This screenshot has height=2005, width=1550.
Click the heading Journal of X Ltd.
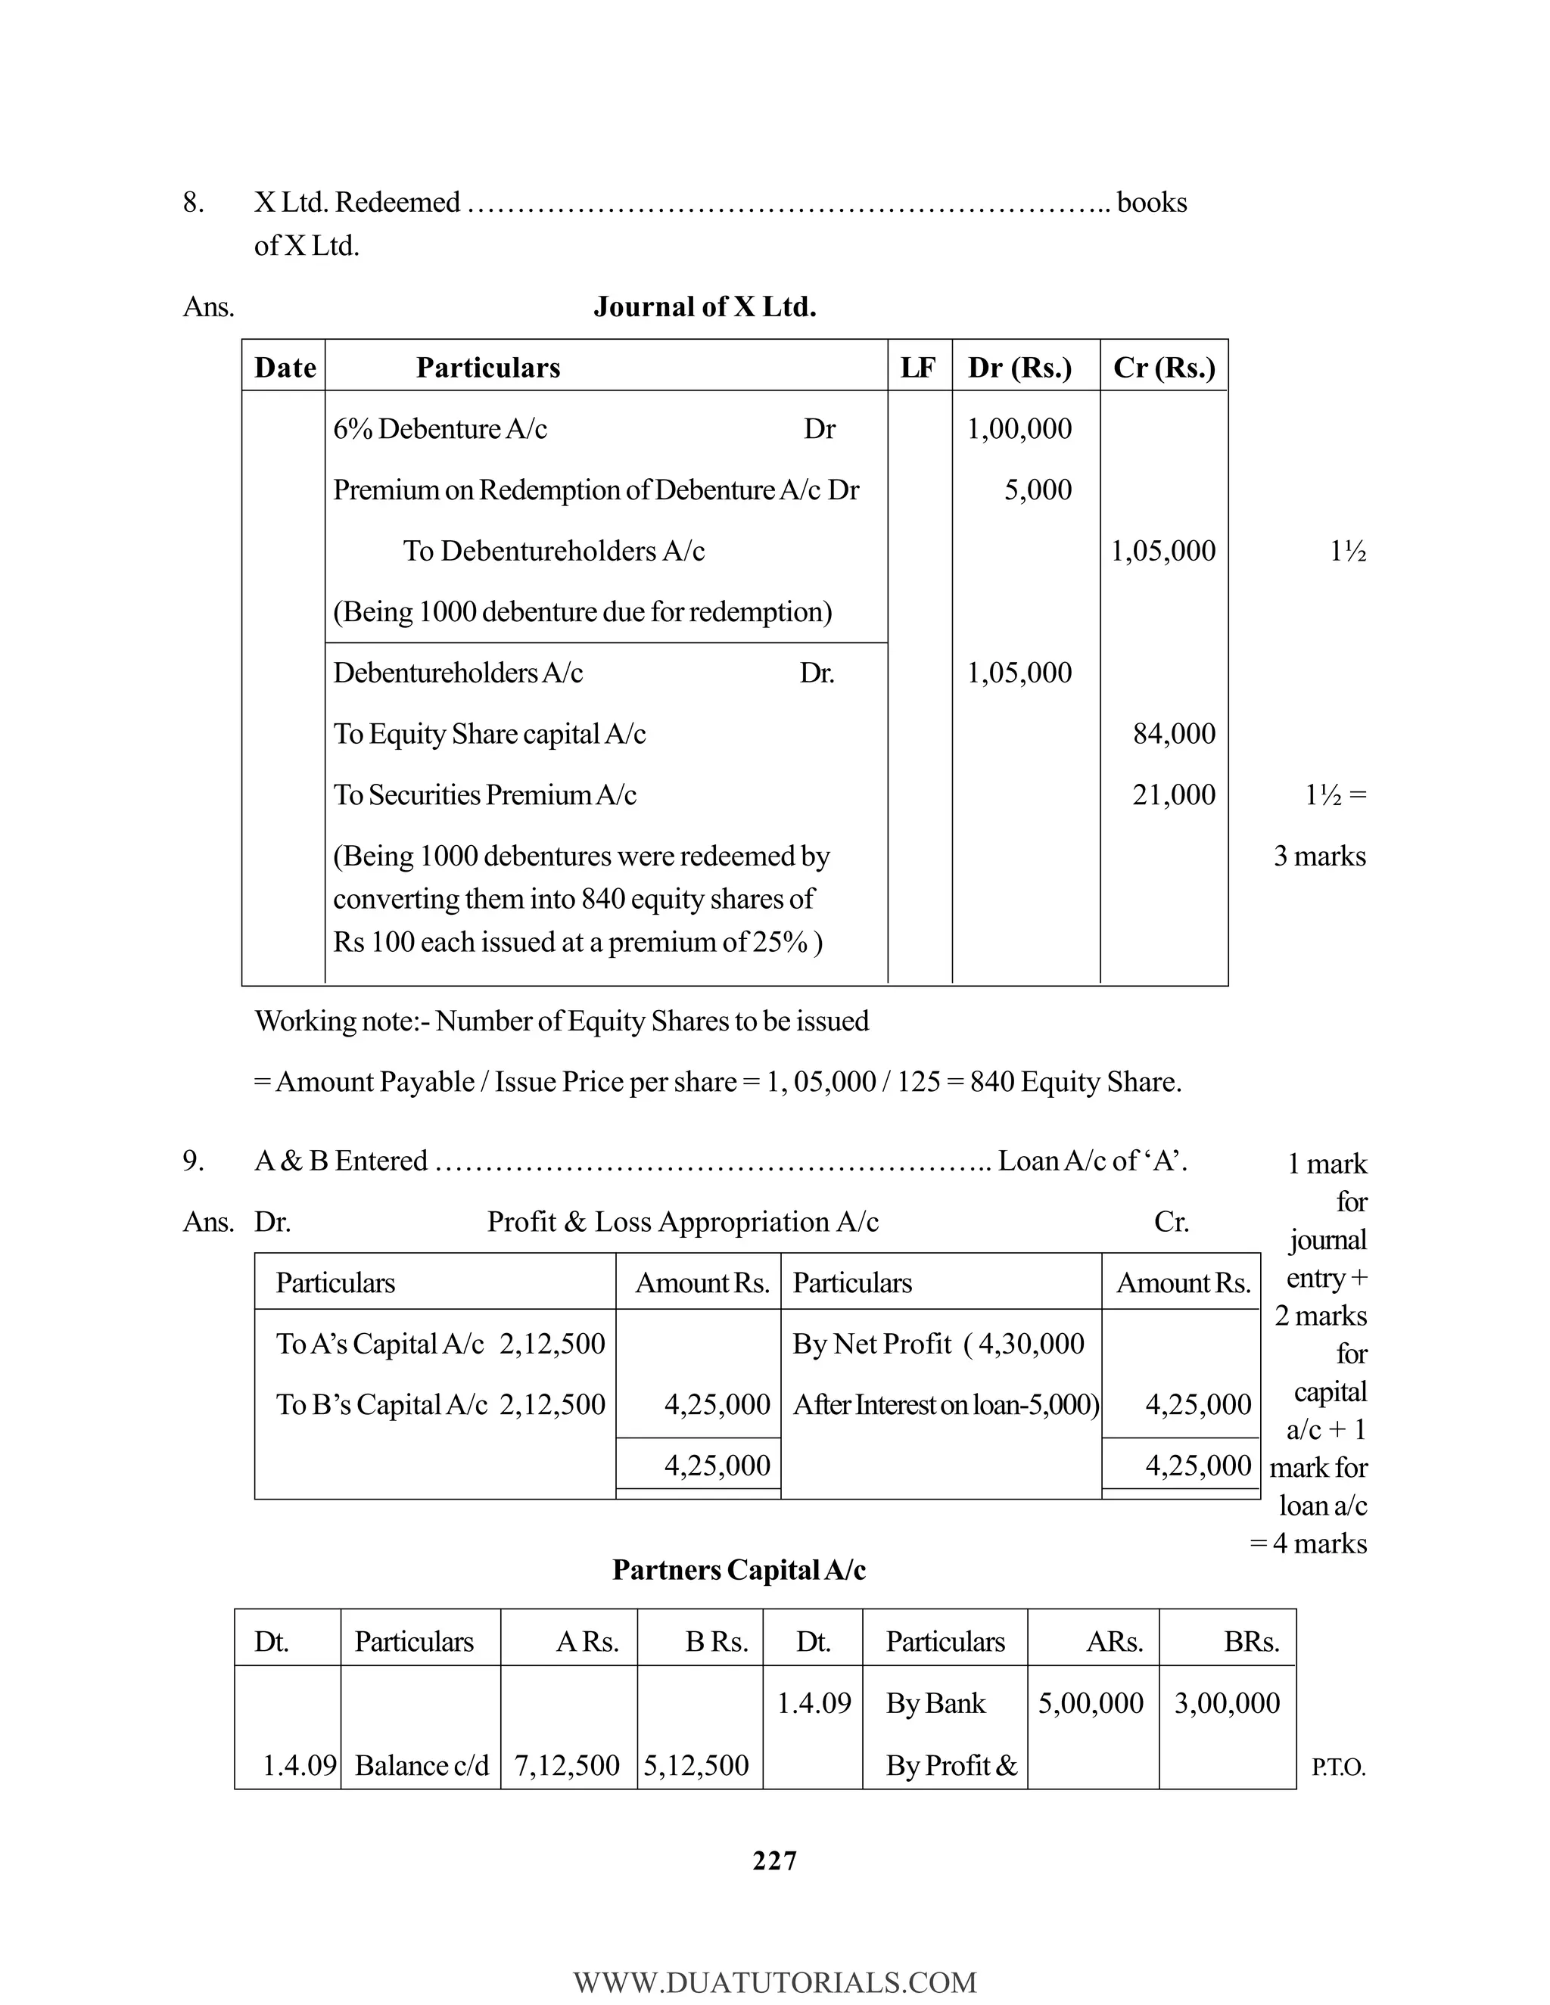(705, 306)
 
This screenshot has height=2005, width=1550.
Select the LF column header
(917, 368)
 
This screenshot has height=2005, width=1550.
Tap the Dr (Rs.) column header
(1019, 368)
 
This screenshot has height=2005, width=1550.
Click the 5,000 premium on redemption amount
(1038, 490)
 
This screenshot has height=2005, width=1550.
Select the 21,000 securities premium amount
(1174, 795)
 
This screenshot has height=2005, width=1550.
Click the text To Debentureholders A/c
(554, 551)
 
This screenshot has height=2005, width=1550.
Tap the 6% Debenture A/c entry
(440, 429)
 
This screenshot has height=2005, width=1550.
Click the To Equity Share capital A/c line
(490, 735)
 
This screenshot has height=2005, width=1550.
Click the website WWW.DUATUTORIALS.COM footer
(774, 1982)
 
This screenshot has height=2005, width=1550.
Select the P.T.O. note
(1338, 1768)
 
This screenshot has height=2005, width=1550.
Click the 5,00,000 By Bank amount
(1090, 1703)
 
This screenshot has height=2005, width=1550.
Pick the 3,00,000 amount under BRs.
(1227, 1703)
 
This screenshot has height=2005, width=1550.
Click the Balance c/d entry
(422, 1765)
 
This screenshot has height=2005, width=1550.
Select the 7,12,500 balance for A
(567, 1765)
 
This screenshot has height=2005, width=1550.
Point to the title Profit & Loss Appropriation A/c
(682, 1222)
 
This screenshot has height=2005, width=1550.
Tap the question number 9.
(193, 1161)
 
